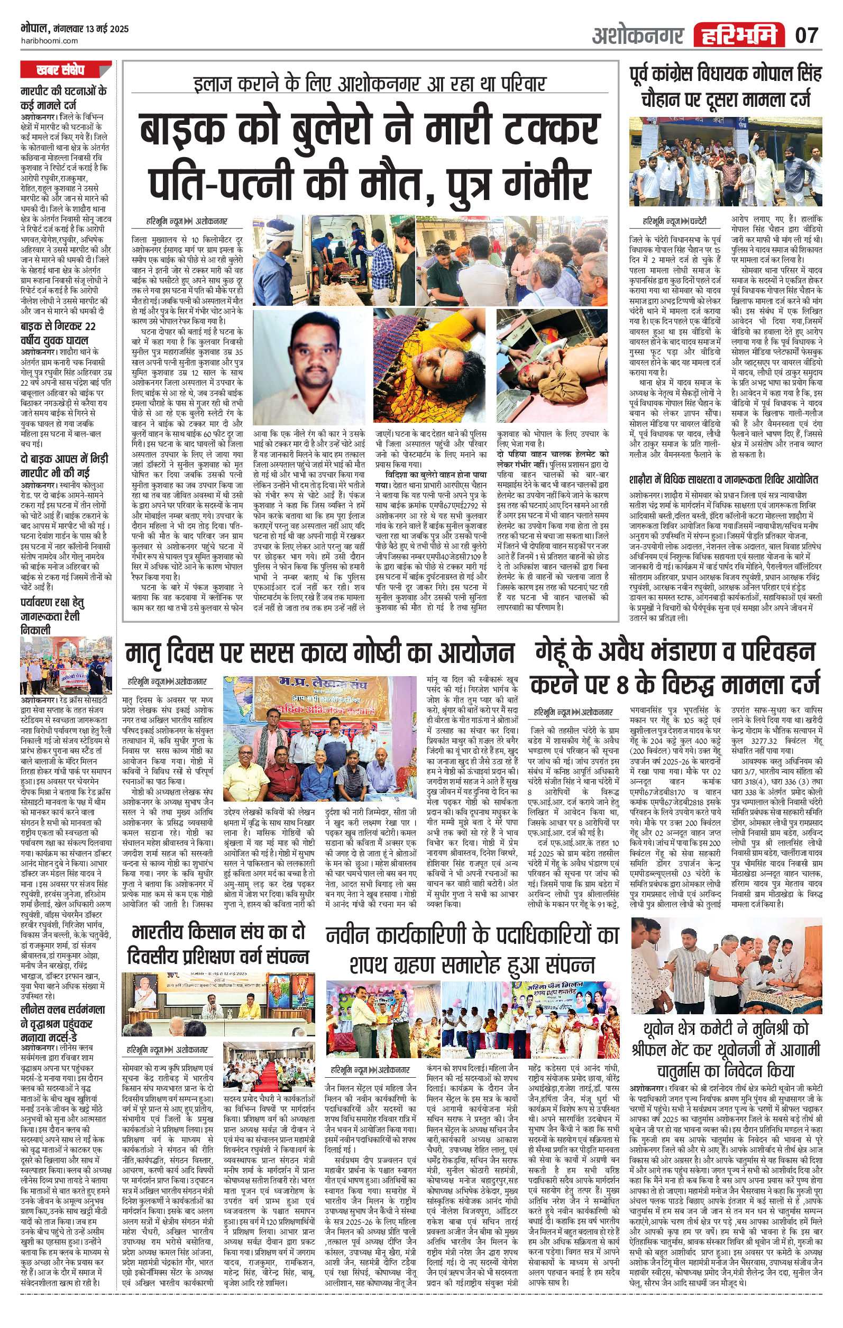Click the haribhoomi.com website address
49,41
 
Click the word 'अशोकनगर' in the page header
638,36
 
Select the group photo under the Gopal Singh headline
726,161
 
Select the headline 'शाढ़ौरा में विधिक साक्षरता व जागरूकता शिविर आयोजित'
723,479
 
